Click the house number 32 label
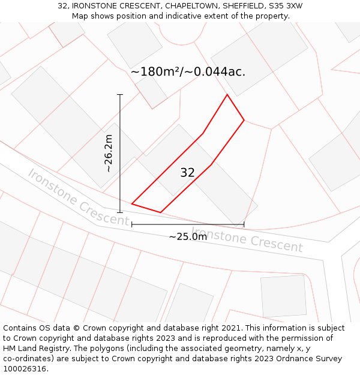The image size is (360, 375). pyautogui.click(x=187, y=173)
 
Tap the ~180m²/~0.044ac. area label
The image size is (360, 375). pyautogui.click(x=188, y=72)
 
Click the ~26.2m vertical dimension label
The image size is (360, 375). pyautogui.click(x=108, y=154)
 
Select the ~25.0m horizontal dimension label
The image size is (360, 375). pyautogui.click(x=187, y=237)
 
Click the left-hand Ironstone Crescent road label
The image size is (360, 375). pyautogui.click(x=78, y=197)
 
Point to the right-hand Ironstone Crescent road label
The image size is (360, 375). pyautogui.click(x=247, y=239)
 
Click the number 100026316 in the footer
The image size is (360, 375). pyautogui.click(x=26, y=369)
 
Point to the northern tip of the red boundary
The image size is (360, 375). pyautogui.click(x=227, y=95)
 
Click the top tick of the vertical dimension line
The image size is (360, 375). pyautogui.click(x=120, y=95)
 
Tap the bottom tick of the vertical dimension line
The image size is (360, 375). pyautogui.click(x=120, y=212)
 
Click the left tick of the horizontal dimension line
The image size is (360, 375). pyautogui.click(x=132, y=224)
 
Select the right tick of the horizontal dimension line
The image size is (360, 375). pyautogui.click(x=244, y=224)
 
